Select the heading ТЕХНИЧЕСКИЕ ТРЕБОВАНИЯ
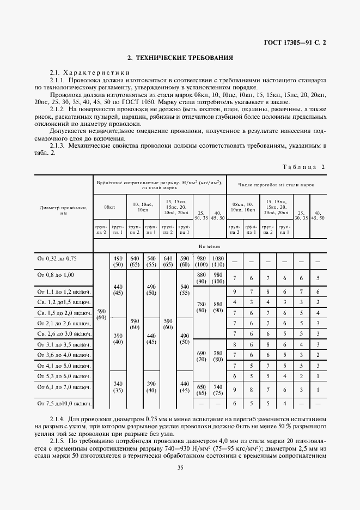[x=180, y=57]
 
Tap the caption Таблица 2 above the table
[x=303, y=167]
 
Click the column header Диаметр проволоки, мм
[x=64, y=210]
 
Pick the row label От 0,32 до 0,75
[x=57, y=259]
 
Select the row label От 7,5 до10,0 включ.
[x=64, y=404]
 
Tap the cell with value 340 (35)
[x=117, y=387]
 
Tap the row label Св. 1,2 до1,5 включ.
[x=64, y=302]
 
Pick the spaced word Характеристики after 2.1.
[x=96, y=72]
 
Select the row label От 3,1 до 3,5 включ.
[x=64, y=344]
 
